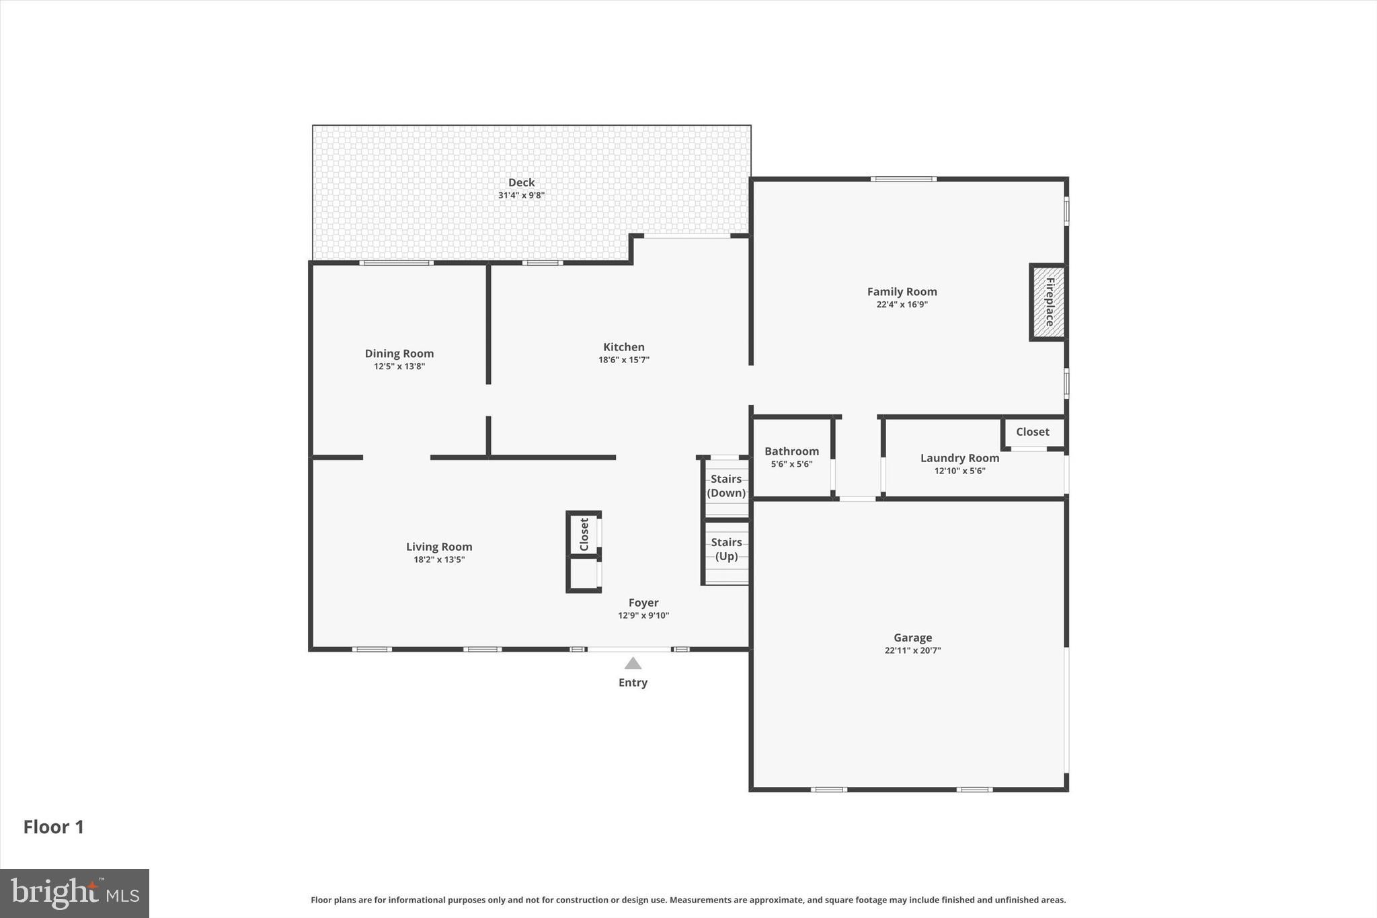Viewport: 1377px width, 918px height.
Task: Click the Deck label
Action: [521, 182]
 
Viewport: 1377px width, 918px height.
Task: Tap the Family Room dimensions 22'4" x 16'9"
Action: [902, 305]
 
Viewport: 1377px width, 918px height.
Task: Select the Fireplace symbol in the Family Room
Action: [1048, 302]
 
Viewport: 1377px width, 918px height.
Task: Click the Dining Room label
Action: [399, 353]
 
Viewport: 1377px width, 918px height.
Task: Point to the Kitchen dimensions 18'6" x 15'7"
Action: [623, 360]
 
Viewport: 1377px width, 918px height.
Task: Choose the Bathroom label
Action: [791, 451]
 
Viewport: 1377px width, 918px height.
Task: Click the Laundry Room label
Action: [959, 458]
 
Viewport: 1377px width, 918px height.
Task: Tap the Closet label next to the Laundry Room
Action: [1032, 432]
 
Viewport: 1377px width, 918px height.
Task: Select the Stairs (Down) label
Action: [726, 486]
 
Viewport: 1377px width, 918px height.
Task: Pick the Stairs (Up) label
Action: [726, 549]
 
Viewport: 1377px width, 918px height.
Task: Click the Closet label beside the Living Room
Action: [584, 534]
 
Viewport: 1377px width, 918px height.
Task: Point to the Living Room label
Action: [439, 547]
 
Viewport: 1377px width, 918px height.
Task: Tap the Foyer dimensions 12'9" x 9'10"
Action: [643, 615]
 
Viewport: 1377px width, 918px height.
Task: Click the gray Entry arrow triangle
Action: [633, 664]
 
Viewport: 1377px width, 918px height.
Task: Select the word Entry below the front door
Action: [633, 683]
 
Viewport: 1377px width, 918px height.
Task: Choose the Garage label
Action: [912, 638]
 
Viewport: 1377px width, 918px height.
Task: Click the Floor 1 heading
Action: [54, 827]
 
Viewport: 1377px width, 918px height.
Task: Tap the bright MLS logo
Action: [75, 893]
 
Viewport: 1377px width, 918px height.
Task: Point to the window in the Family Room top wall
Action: [903, 179]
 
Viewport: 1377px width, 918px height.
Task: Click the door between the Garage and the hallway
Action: [857, 499]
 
